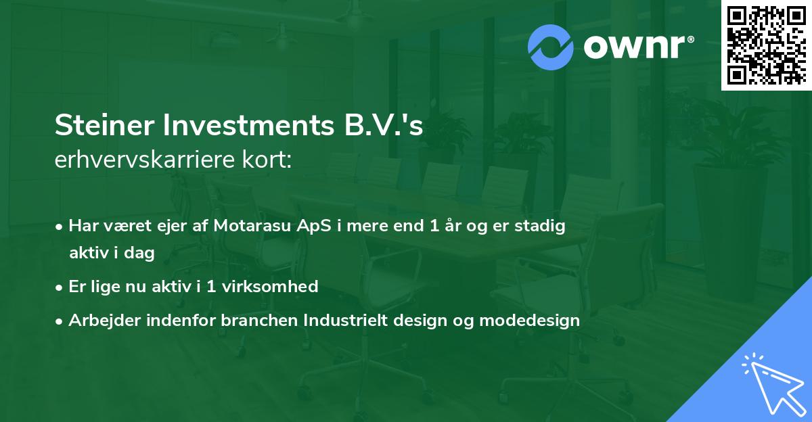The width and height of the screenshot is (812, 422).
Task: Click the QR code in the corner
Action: [x=767, y=45]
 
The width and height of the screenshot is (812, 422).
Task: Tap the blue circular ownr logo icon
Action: [x=551, y=47]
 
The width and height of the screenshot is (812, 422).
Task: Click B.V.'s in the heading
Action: [x=390, y=126]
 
